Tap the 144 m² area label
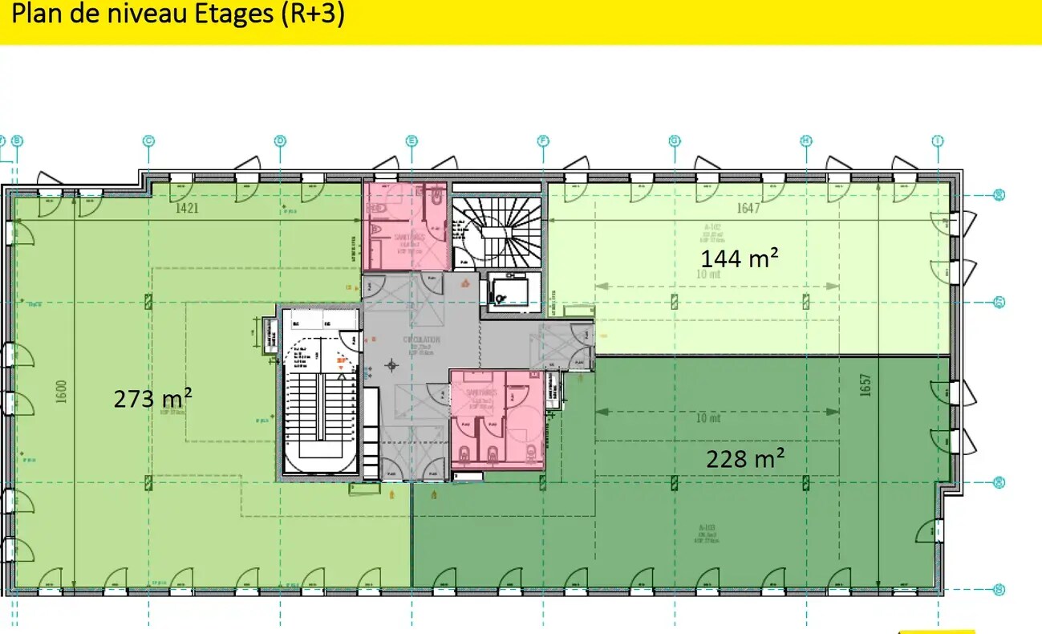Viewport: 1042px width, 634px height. (740, 258)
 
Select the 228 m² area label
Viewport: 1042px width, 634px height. (744, 458)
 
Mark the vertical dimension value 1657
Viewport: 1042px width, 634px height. (865, 385)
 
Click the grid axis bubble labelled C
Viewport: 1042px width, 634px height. (148, 141)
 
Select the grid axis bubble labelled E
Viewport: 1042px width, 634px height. (412, 141)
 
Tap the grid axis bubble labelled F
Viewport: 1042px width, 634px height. (543, 141)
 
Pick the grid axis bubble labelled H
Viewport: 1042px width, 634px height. (806, 141)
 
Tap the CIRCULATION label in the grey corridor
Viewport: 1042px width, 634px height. (421, 339)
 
